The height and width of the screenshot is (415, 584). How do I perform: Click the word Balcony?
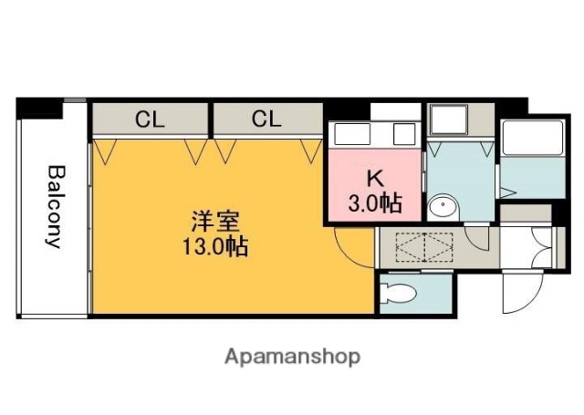coord(55,207)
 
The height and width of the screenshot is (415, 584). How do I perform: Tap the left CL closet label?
coord(151,119)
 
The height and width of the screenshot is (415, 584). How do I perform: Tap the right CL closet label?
coord(266,119)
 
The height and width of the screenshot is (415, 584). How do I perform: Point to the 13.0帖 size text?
coord(216,246)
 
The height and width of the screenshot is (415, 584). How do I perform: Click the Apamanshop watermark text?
coord(292,356)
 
